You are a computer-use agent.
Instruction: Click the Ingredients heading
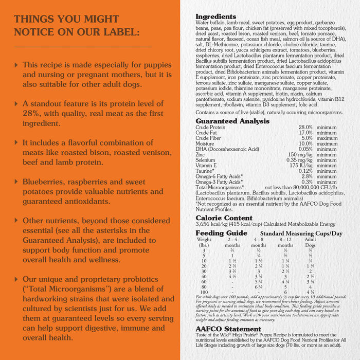216,17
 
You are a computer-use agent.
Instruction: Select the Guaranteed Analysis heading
232,121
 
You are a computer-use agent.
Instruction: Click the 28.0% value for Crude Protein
305,127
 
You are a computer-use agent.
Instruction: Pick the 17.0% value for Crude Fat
305,133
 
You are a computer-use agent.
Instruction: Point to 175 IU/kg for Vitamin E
301,165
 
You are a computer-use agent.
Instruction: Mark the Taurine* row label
206,171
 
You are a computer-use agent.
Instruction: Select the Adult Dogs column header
310,242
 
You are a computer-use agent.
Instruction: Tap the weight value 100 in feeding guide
204,292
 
